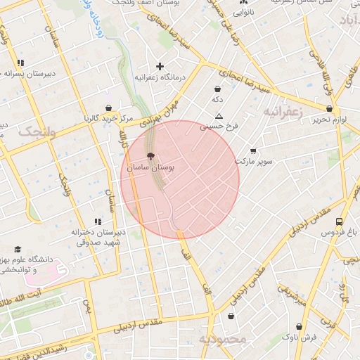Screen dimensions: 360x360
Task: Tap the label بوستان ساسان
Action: click(x=150, y=169)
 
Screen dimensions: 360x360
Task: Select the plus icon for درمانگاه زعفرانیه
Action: click(x=160, y=66)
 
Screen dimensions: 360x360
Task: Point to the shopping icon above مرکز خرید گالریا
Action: click(x=109, y=108)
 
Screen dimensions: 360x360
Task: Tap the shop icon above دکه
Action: click(x=217, y=89)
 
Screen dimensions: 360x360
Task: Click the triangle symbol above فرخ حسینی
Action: click(x=219, y=116)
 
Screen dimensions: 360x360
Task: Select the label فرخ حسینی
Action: click(x=219, y=127)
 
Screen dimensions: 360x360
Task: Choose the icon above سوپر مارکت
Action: click(x=253, y=151)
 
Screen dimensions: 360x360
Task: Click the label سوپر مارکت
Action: click(x=253, y=162)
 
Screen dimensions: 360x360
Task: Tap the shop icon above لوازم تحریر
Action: click(x=330, y=109)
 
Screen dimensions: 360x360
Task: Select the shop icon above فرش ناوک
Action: click(x=300, y=327)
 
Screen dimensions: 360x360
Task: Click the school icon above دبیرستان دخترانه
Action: click(x=98, y=221)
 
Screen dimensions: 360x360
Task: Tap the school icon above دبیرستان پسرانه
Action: click(x=20, y=63)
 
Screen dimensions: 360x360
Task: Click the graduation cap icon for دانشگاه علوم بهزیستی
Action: click(x=17, y=250)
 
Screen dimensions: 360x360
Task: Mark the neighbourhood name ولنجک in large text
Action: click(x=37, y=131)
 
